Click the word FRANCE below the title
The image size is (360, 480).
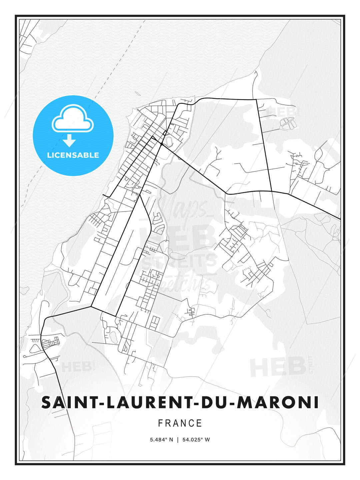[x=180, y=423]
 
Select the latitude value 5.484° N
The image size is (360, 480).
[x=161, y=440]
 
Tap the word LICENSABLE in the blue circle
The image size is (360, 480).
[x=73, y=155]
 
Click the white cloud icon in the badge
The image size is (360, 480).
[x=73, y=119]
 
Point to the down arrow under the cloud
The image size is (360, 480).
[x=69, y=141]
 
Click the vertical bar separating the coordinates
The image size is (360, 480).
[x=178, y=440]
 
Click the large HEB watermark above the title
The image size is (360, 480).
[x=278, y=367]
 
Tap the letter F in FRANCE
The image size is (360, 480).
[x=160, y=423]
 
